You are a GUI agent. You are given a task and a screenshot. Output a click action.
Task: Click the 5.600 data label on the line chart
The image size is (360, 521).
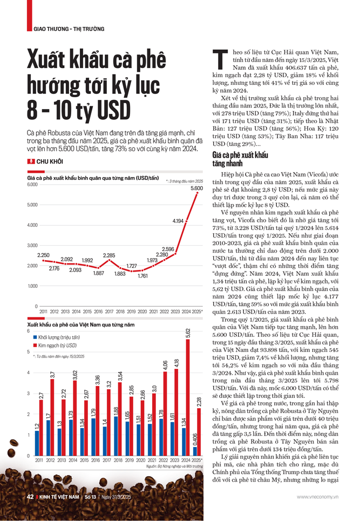[196, 188]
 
